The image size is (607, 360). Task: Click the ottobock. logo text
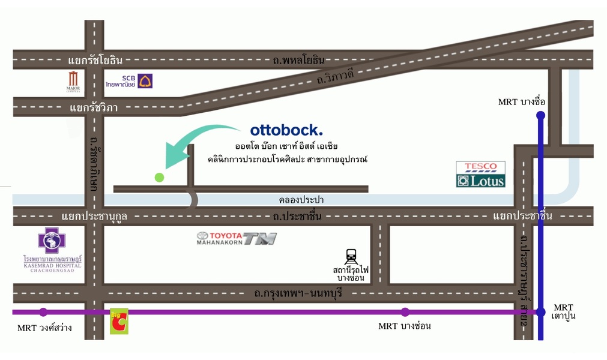click(286, 130)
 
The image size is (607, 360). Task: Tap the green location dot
click(159, 177)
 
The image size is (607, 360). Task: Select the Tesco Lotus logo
click(480, 174)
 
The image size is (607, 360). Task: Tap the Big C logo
click(119, 322)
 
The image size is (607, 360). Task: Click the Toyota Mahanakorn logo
click(237, 238)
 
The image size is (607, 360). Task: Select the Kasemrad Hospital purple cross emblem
click(52, 240)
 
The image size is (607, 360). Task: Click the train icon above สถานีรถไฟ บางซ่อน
click(352, 257)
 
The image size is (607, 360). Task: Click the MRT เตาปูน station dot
click(540, 312)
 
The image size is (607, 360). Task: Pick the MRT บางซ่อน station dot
click(405, 312)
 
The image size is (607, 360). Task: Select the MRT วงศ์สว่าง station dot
click(43, 312)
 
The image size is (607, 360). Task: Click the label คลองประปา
click(301, 200)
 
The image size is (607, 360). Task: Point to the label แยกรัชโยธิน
click(95, 60)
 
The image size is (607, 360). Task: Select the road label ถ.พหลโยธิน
click(298, 60)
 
